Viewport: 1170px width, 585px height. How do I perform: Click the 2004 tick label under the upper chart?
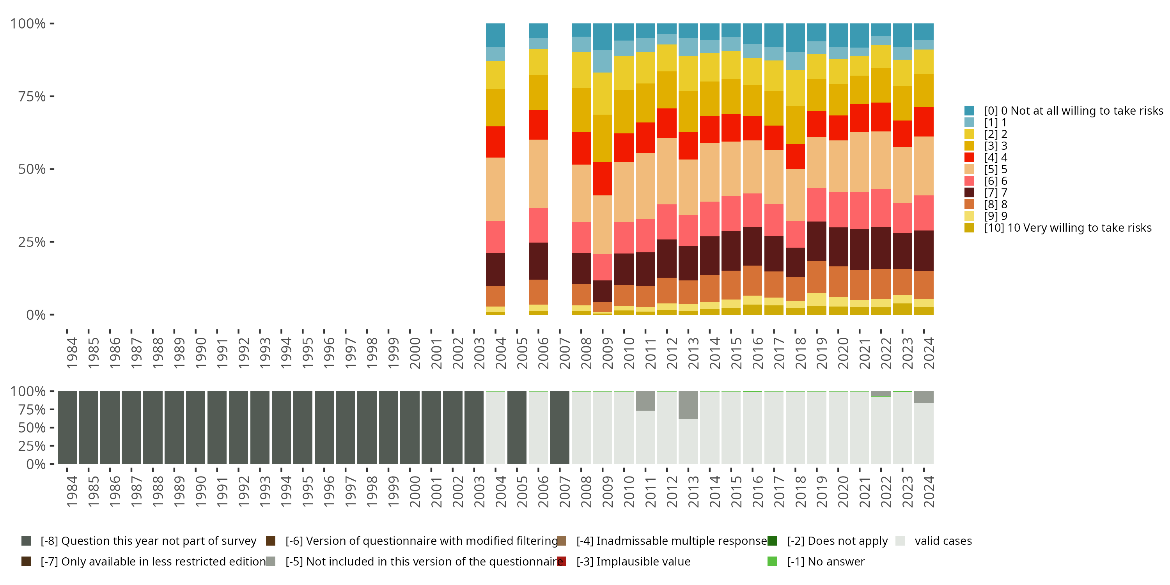tap(500, 353)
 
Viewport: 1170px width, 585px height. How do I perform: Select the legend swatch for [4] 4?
tap(969, 158)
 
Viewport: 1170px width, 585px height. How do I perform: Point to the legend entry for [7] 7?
tap(995, 193)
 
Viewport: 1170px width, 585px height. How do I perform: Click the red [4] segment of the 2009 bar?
tap(603, 179)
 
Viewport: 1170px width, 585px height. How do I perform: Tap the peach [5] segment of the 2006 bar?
tap(538, 174)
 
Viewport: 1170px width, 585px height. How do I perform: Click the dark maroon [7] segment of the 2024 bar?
tap(924, 251)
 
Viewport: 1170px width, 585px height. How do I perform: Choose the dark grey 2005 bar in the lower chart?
tap(517, 427)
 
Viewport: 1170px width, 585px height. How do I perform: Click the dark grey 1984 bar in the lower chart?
tap(67, 427)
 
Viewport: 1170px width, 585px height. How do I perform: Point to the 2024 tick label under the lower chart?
tap(929, 491)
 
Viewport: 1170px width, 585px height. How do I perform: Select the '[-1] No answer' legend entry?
tap(825, 561)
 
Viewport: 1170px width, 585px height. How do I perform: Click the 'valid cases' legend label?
tap(943, 541)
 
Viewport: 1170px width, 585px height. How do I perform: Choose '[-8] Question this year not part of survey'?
tap(148, 541)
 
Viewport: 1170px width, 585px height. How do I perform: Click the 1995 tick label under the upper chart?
tap(307, 353)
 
